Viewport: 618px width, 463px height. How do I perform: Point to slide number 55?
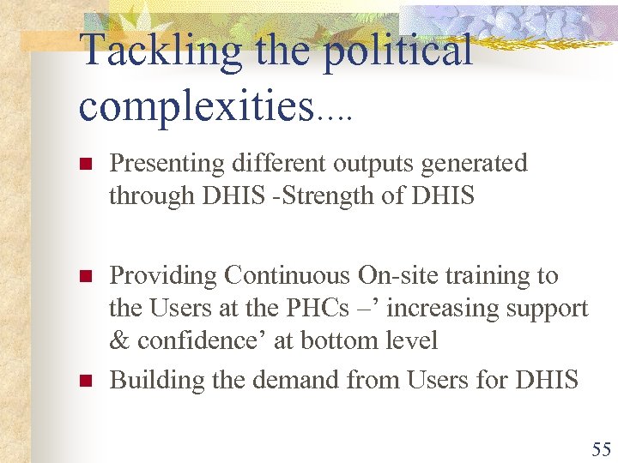[600, 448]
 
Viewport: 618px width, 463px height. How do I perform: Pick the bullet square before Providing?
[84, 277]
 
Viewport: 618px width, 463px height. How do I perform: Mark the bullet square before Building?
[84, 381]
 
